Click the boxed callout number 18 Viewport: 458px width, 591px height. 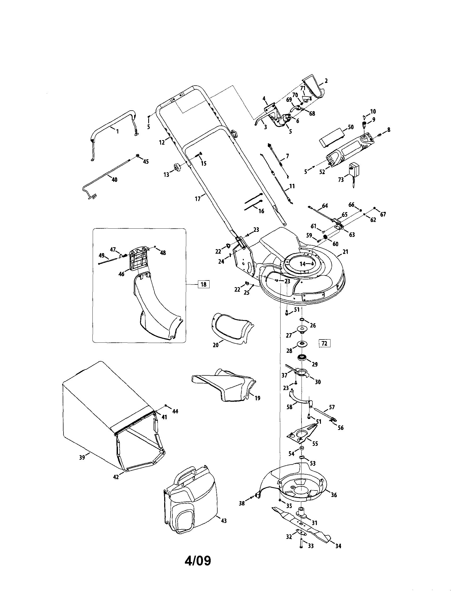(x=203, y=284)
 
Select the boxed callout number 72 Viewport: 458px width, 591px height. (x=324, y=343)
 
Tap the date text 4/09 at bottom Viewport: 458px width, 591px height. (x=198, y=561)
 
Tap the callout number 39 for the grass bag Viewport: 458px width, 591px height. (x=82, y=457)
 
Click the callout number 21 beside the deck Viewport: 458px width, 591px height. (x=345, y=252)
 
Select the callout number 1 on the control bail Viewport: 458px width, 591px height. (x=117, y=131)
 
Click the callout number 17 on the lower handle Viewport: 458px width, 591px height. (x=198, y=199)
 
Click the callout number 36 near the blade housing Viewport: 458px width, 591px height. (x=334, y=495)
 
